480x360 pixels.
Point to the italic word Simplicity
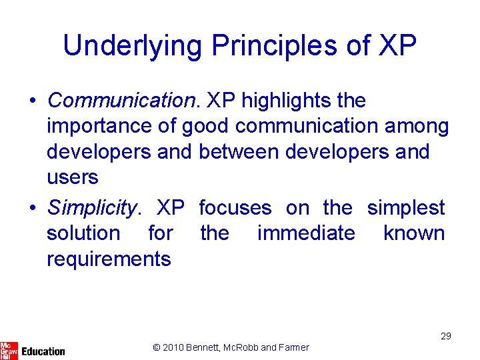(x=91, y=208)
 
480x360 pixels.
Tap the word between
(x=238, y=152)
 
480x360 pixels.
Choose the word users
(x=72, y=177)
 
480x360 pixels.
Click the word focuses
(x=235, y=208)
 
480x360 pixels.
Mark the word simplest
(x=405, y=208)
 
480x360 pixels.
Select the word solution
(x=83, y=233)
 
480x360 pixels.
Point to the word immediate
(x=306, y=233)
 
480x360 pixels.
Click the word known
(x=414, y=233)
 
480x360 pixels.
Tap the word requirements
(x=109, y=259)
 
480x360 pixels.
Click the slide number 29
(x=445, y=336)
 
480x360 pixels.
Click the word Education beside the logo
(x=43, y=351)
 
